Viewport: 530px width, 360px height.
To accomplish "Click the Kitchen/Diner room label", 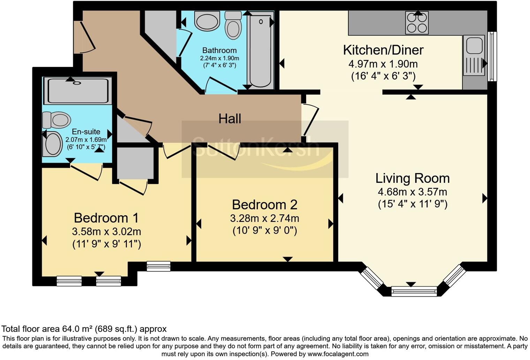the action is coord(383,50).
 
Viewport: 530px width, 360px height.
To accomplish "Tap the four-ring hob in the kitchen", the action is coord(417,23).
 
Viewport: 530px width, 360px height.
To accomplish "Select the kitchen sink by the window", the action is coord(475,55).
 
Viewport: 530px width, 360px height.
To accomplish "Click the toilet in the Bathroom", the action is coord(233,25).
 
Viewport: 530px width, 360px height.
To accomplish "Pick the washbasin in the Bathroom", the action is coord(207,21).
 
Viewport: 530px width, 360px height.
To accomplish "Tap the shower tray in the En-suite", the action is coord(78,91).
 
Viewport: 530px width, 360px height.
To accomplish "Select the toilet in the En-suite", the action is coord(56,120).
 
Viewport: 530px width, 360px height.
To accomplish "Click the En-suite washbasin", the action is coord(53,144).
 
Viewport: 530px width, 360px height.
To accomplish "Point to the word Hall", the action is coord(230,119).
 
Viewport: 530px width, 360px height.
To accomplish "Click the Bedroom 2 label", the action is coord(265,205).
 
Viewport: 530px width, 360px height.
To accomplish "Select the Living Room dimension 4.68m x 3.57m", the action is coord(412,192).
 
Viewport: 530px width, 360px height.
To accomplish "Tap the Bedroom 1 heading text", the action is coord(106,218).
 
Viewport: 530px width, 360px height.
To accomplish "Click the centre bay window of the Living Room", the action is coord(414,291).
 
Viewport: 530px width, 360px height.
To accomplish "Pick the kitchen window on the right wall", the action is coord(492,56).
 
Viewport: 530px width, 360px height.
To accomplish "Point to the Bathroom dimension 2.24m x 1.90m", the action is coord(220,58).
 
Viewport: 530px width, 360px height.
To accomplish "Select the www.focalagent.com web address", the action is coord(338,354).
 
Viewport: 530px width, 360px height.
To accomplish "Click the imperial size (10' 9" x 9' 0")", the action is coord(265,231).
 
